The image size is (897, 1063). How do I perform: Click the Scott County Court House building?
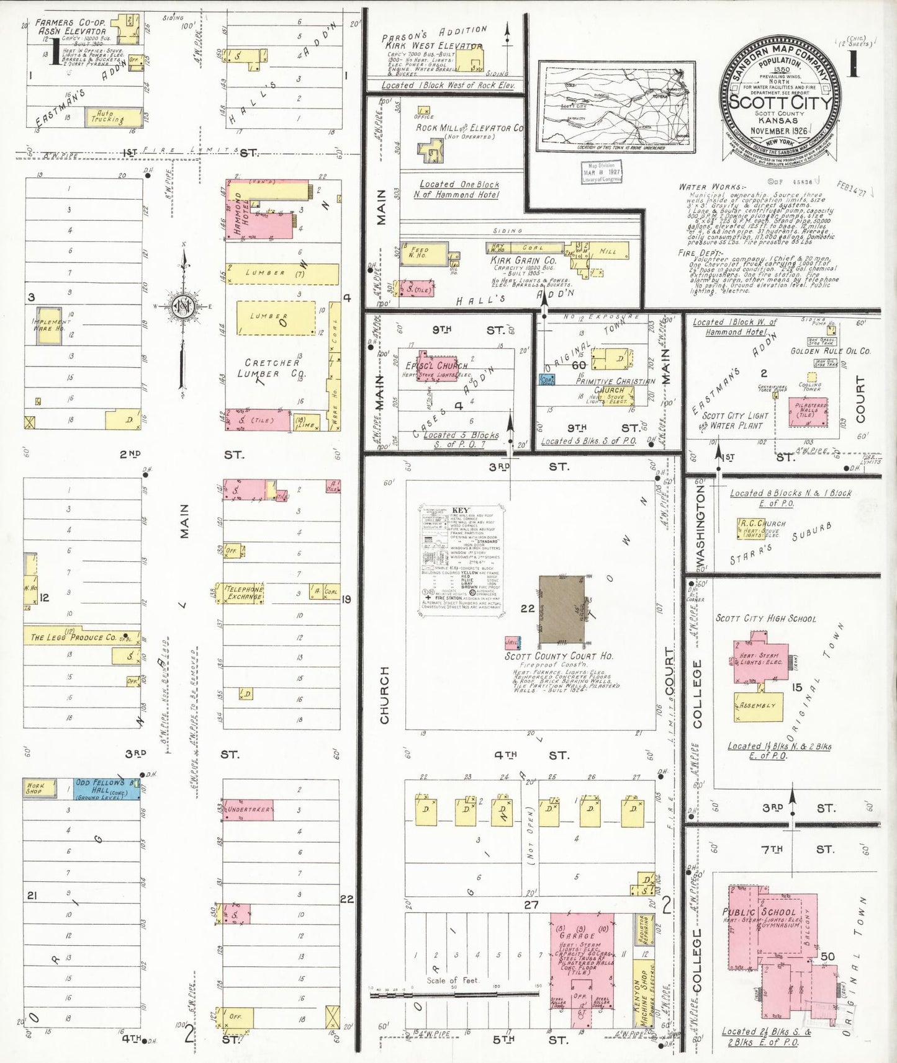(x=561, y=610)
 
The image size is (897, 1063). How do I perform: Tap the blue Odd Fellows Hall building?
(x=107, y=788)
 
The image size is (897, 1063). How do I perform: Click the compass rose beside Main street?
(x=183, y=306)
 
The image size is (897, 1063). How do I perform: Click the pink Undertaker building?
(x=248, y=809)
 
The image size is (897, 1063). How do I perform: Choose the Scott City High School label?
(x=765, y=618)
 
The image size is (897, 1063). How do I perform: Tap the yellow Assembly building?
(x=759, y=706)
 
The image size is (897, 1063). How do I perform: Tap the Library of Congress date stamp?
(x=600, y=172)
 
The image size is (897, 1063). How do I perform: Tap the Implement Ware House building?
(x=49, y=325)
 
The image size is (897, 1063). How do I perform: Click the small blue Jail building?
(x=512, y=643)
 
